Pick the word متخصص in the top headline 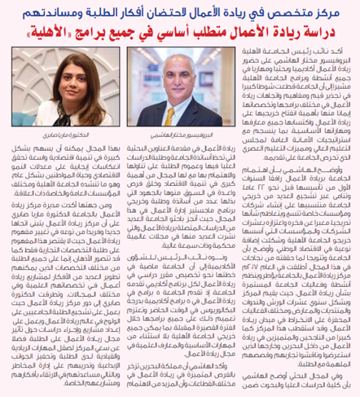296,13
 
